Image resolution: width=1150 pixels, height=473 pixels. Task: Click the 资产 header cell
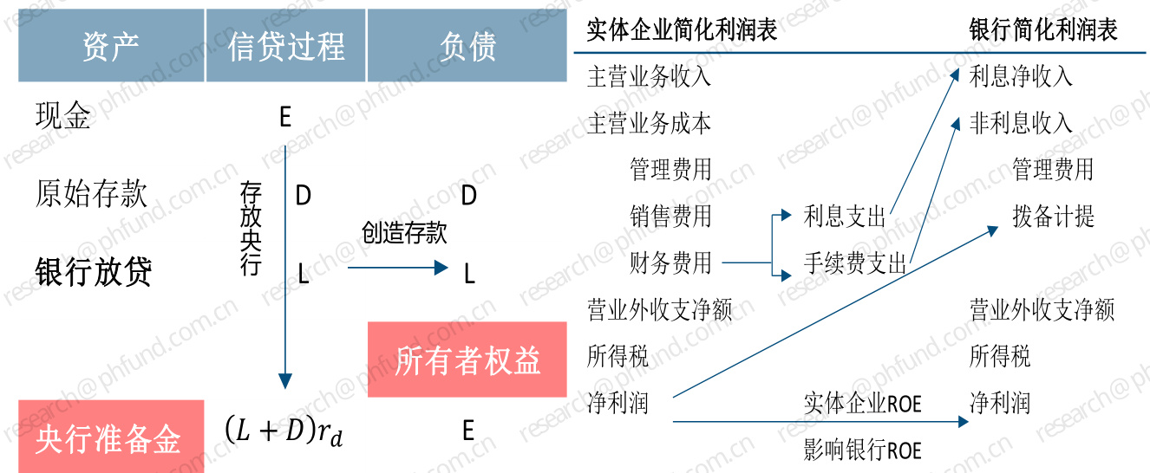[111, 46]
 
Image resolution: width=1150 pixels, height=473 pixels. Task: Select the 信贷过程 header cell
[286, 46]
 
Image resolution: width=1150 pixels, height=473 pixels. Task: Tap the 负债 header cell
[467, 46]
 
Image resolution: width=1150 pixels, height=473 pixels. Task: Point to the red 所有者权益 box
[467, 360]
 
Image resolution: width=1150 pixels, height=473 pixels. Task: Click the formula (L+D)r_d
[284, 430]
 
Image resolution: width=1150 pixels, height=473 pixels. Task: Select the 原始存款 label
[91, 194]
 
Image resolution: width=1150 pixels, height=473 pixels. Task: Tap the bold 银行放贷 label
[94, 272]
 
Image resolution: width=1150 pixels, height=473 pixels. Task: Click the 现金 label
[62, 116]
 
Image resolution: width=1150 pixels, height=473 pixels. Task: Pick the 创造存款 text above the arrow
[404, 233]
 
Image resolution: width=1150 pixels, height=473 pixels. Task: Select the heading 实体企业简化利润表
[682, 30]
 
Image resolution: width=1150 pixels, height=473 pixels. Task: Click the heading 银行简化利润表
[1043, 30]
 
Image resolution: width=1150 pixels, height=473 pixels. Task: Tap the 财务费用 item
[670, 262]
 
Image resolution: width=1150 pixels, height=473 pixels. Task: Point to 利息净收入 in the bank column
[1021, 76]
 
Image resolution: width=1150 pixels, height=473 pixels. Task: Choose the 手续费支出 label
[855, 262]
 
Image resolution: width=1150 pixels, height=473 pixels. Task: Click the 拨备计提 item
[1053, 216]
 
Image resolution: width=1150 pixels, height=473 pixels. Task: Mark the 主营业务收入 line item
[649, 76]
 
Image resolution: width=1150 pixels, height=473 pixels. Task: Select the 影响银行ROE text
[862, 450]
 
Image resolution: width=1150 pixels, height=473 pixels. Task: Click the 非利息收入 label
[1021, 123]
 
